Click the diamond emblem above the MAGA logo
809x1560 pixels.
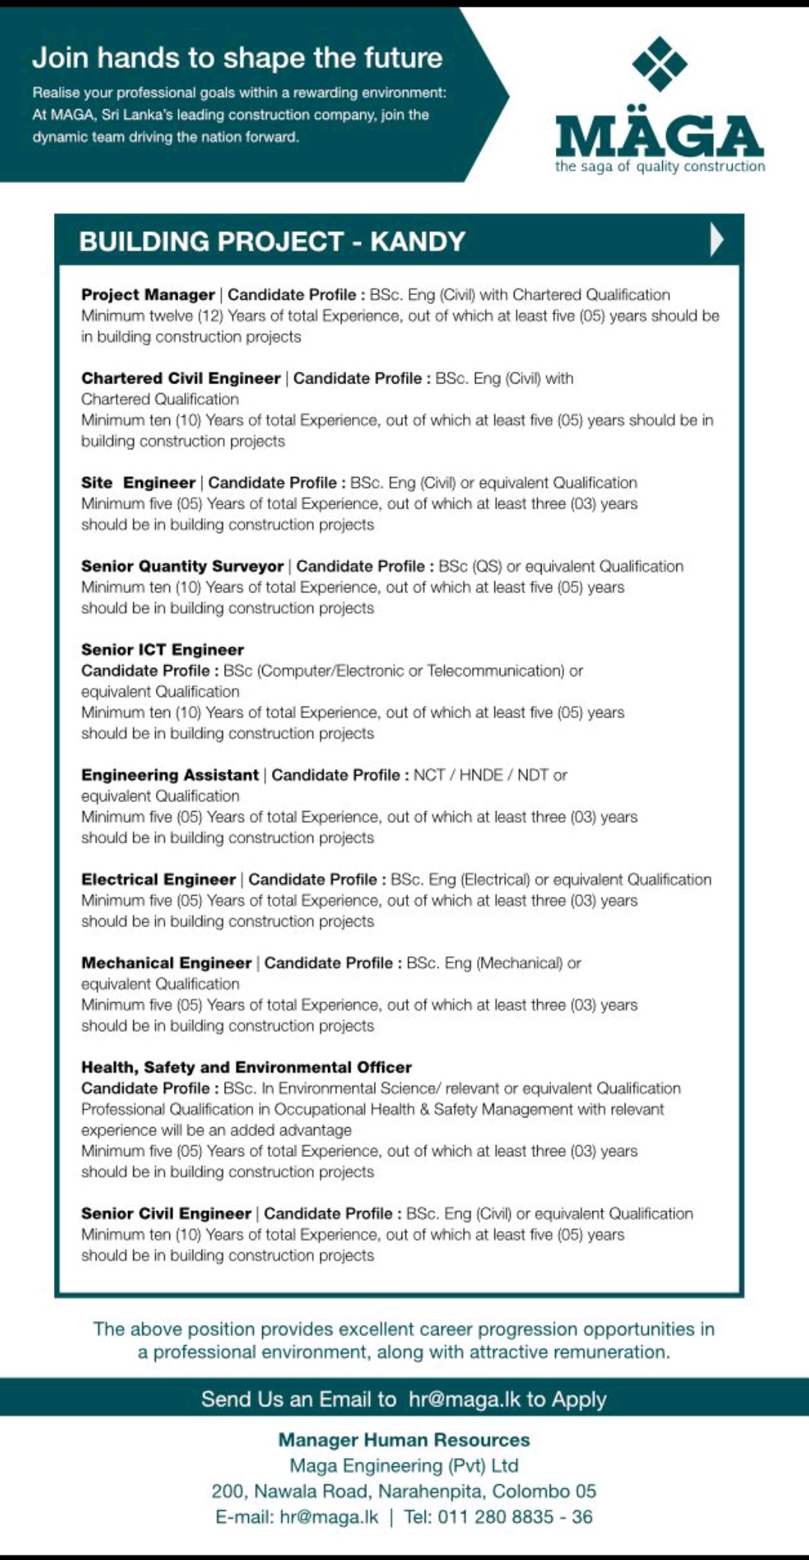[x=659, y=64]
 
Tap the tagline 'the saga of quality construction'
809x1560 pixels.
[x=659, y=166]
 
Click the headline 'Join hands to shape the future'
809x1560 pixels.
[x=237, y=58]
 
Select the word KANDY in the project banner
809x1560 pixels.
[x=418, y=242]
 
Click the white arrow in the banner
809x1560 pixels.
[x=717, y=240]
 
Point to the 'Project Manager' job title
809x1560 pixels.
[x=148, y=295]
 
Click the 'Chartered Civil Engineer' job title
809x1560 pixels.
[x=181, y=378]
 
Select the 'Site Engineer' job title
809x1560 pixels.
[x=138, y=483]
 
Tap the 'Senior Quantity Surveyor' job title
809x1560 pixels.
[x=182, y=566]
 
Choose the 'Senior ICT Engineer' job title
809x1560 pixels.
[x=163, y=650]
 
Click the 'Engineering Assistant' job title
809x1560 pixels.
[x=169, y=775]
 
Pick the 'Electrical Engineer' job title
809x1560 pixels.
[x=158, y=879]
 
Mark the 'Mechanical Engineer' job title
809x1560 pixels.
[x=166, y=963]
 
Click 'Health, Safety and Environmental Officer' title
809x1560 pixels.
[x=246, y=1067]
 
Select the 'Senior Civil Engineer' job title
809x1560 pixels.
[x=166, y=1213]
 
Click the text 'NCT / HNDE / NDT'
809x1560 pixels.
[x=482, y=775]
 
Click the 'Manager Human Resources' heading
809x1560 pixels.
[x=404, y=1439]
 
